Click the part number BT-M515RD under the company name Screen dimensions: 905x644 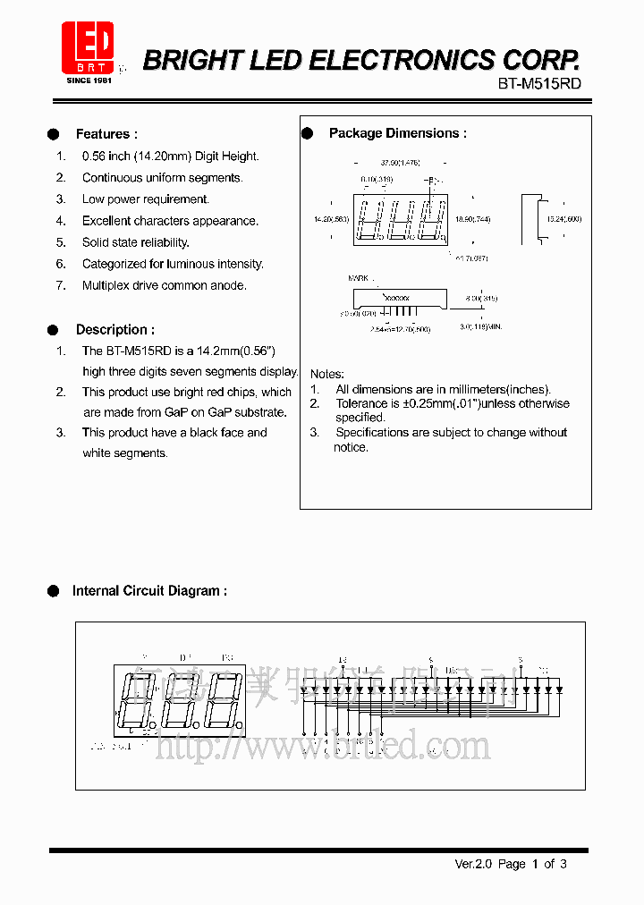coord(539,83)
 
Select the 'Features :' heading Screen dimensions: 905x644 coord(106,134)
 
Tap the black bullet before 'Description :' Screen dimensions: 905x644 coord(54,330)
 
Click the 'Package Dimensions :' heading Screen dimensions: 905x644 coord(397,133)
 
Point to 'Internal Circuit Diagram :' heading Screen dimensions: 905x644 coord(149,591)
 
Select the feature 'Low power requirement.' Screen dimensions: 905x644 coord(145,199)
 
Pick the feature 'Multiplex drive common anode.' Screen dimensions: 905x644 coord(164,286)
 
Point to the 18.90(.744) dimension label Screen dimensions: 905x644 coord(472,219)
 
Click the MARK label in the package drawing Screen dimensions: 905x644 coord(358,279)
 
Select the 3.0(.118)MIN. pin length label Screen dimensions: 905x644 coord(481,327)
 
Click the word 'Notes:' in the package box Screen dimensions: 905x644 coord(327,374)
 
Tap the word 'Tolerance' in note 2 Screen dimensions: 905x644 coord(361,403)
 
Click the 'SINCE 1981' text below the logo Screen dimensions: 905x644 coord(89,80)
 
